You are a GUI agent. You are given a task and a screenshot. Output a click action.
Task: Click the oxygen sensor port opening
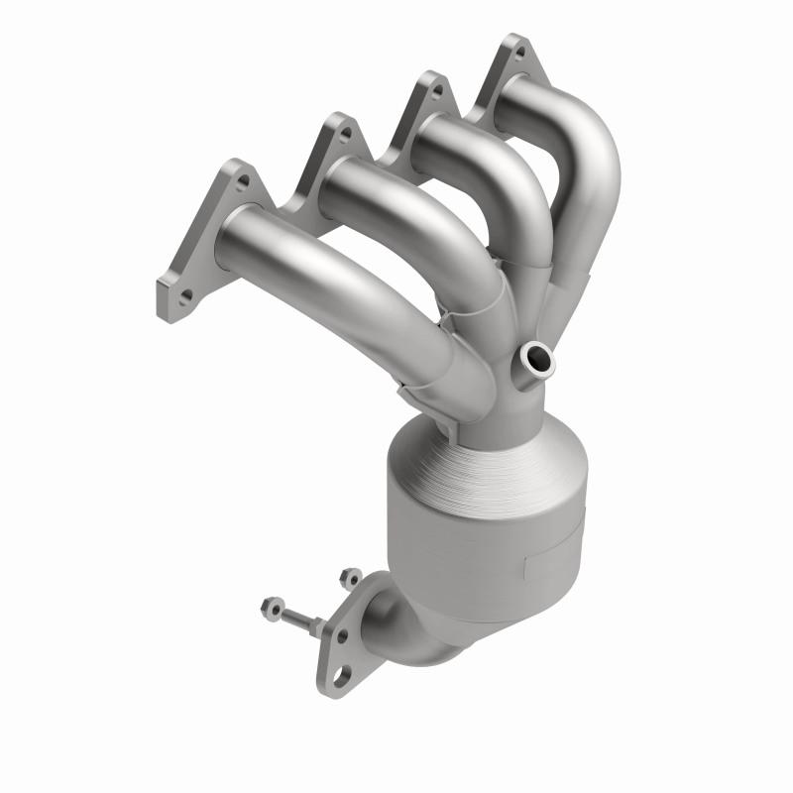tap(536, 358)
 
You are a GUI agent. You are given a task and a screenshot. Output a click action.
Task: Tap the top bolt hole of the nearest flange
tap(241, 183)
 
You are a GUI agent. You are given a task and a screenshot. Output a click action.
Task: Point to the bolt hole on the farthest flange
tap(516, 50)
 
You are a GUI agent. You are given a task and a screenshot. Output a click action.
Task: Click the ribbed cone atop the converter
tap(466, 466)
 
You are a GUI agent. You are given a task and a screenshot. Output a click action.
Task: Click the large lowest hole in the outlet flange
tap(341, 675)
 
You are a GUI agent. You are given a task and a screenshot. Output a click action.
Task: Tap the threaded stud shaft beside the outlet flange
tap(297, 619)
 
